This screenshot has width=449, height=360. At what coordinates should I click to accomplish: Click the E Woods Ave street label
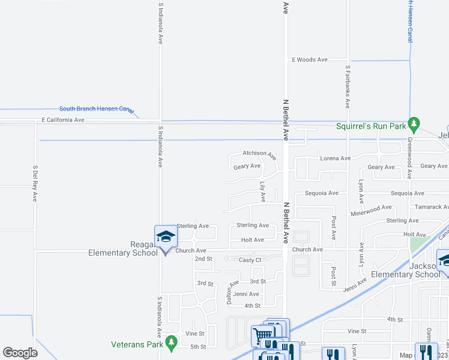(x=309, y=60)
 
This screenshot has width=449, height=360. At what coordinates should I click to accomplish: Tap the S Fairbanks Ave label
(x=348, y=86)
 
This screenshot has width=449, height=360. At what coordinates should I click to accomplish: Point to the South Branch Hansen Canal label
(x=97, y=109)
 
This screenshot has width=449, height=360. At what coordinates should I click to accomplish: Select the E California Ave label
(x=62, y=120)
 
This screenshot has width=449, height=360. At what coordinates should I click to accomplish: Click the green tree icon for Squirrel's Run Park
(x=414, y=125)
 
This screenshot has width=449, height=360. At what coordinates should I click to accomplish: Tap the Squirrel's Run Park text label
(x=370, y=126)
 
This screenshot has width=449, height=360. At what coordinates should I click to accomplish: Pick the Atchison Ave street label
(x=259, y=154)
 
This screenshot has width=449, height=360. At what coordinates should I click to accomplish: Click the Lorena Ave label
(x=335, y=158)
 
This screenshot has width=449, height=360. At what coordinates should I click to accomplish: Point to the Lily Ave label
(x=263, y=192)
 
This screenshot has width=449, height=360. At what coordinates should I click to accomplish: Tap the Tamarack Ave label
(x=432, y=207)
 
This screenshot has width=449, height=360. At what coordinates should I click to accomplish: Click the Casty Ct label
(x=250, y=260)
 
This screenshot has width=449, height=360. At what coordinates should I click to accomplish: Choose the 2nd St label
(x=203, y=259)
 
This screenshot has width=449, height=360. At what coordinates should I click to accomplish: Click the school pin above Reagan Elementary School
(x=166, y=237)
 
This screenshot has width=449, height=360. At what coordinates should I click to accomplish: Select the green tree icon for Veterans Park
(x=172, y=343)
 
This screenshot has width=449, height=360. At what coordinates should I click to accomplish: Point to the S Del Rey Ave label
(x=35, y=183)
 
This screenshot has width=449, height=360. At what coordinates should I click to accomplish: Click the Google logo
(x=20, y=352)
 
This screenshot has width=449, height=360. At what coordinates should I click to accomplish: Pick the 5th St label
(x=198, y=347)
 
